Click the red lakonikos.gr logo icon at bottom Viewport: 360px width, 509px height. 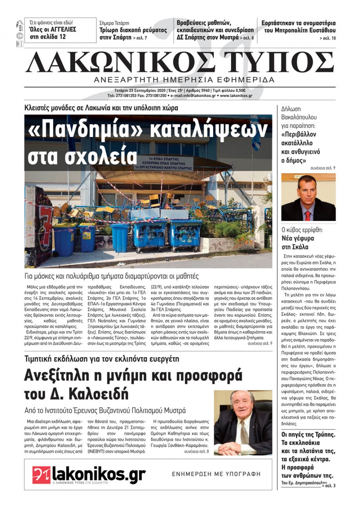(41, 474)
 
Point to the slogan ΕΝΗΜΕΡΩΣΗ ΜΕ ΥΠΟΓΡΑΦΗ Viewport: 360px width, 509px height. (216, 474)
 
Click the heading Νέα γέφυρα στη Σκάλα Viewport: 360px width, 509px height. (298, 242)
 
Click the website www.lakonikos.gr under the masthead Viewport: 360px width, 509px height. (236, 96)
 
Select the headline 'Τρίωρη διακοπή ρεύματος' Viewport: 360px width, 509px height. (133, 30)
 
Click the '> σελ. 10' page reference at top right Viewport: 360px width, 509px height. (327, 38)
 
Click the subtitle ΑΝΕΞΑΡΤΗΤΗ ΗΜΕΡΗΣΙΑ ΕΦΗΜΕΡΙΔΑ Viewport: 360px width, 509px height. (184, 80)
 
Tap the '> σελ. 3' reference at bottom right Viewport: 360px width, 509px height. (329, 486)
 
